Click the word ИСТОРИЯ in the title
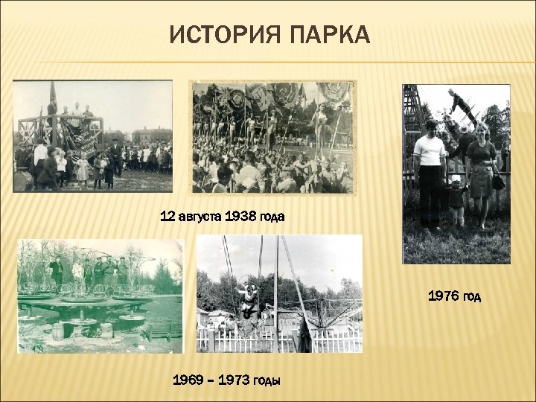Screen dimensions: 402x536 220,35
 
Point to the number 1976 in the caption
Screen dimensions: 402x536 442,296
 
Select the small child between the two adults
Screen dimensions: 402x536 456,200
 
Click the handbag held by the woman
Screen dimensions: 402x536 497,180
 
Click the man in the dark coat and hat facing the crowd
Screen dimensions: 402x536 116,156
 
